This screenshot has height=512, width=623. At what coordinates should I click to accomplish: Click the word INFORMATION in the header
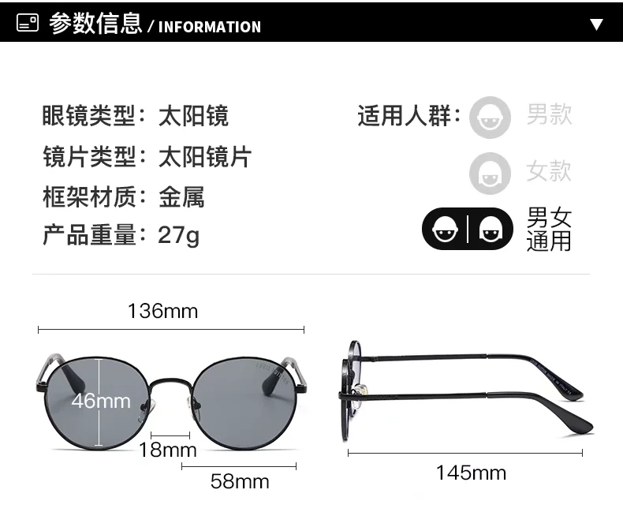[x=210, y=27]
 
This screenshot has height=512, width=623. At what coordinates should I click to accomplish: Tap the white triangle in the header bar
[x=596, y=24]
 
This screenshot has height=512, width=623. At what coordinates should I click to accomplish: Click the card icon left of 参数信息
[x=28, y=23]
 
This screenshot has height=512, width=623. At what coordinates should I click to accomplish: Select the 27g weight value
[x=178, y=235]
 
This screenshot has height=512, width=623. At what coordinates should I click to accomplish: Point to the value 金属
[x=181, y=196]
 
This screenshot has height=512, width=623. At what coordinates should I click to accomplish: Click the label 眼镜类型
[x=89, y=116]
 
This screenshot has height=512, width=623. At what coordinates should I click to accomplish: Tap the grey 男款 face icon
[x=490, y=118]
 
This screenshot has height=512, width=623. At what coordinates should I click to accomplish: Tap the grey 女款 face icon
[x=490, y=174]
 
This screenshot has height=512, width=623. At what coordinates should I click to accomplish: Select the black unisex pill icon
[x=468, y=229]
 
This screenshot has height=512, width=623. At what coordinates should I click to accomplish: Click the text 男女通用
[x=549, y=229]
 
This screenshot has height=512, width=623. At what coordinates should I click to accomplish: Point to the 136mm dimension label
[x=163, y=311]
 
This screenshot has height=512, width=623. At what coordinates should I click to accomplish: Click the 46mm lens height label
[x=101, y=401]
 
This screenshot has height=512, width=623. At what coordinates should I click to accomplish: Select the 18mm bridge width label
[x=168, y=450]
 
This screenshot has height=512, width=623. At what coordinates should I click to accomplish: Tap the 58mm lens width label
[x=240, y=481]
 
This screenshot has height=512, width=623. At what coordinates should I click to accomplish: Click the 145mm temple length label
[x=472, y=473]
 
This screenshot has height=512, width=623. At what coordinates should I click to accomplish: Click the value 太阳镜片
[x=205, y=156]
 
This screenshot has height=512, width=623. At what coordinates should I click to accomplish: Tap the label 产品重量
[x=89, y=234]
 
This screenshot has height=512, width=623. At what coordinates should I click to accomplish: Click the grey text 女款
[x=549, y=171]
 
